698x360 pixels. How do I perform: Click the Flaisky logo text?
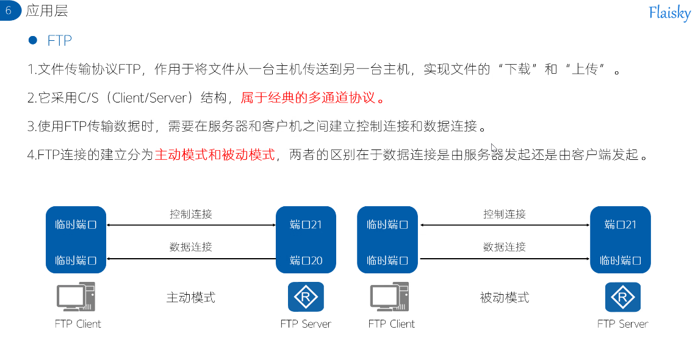[x=669, y=13]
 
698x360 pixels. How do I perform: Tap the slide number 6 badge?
[x=9, y=10]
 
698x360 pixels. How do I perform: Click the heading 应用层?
[x=47, y=11]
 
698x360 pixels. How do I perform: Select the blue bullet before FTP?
[x=33, y=40]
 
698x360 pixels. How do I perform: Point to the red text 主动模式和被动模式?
[x=215, y=154]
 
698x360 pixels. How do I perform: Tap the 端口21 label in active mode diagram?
[x=306, y=225]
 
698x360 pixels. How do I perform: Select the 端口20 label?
[x=306, y=261]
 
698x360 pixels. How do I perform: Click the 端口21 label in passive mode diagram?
[x=621, y=225]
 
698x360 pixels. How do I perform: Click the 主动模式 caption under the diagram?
[x=191, y=298]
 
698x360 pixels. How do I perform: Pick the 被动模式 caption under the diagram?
[x=505, y=298]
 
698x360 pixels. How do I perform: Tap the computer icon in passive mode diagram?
[x=390, y=297]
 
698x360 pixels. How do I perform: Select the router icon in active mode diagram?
[x=306, y=297]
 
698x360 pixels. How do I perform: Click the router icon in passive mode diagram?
[x=622, y=297]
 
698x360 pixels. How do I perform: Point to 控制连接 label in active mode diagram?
[x=191, y=214]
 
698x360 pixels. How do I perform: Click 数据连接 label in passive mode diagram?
[x=505, y=247]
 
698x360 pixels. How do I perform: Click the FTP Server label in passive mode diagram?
[x=622, y=324]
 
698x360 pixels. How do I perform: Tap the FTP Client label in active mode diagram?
[x=77, y=324]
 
